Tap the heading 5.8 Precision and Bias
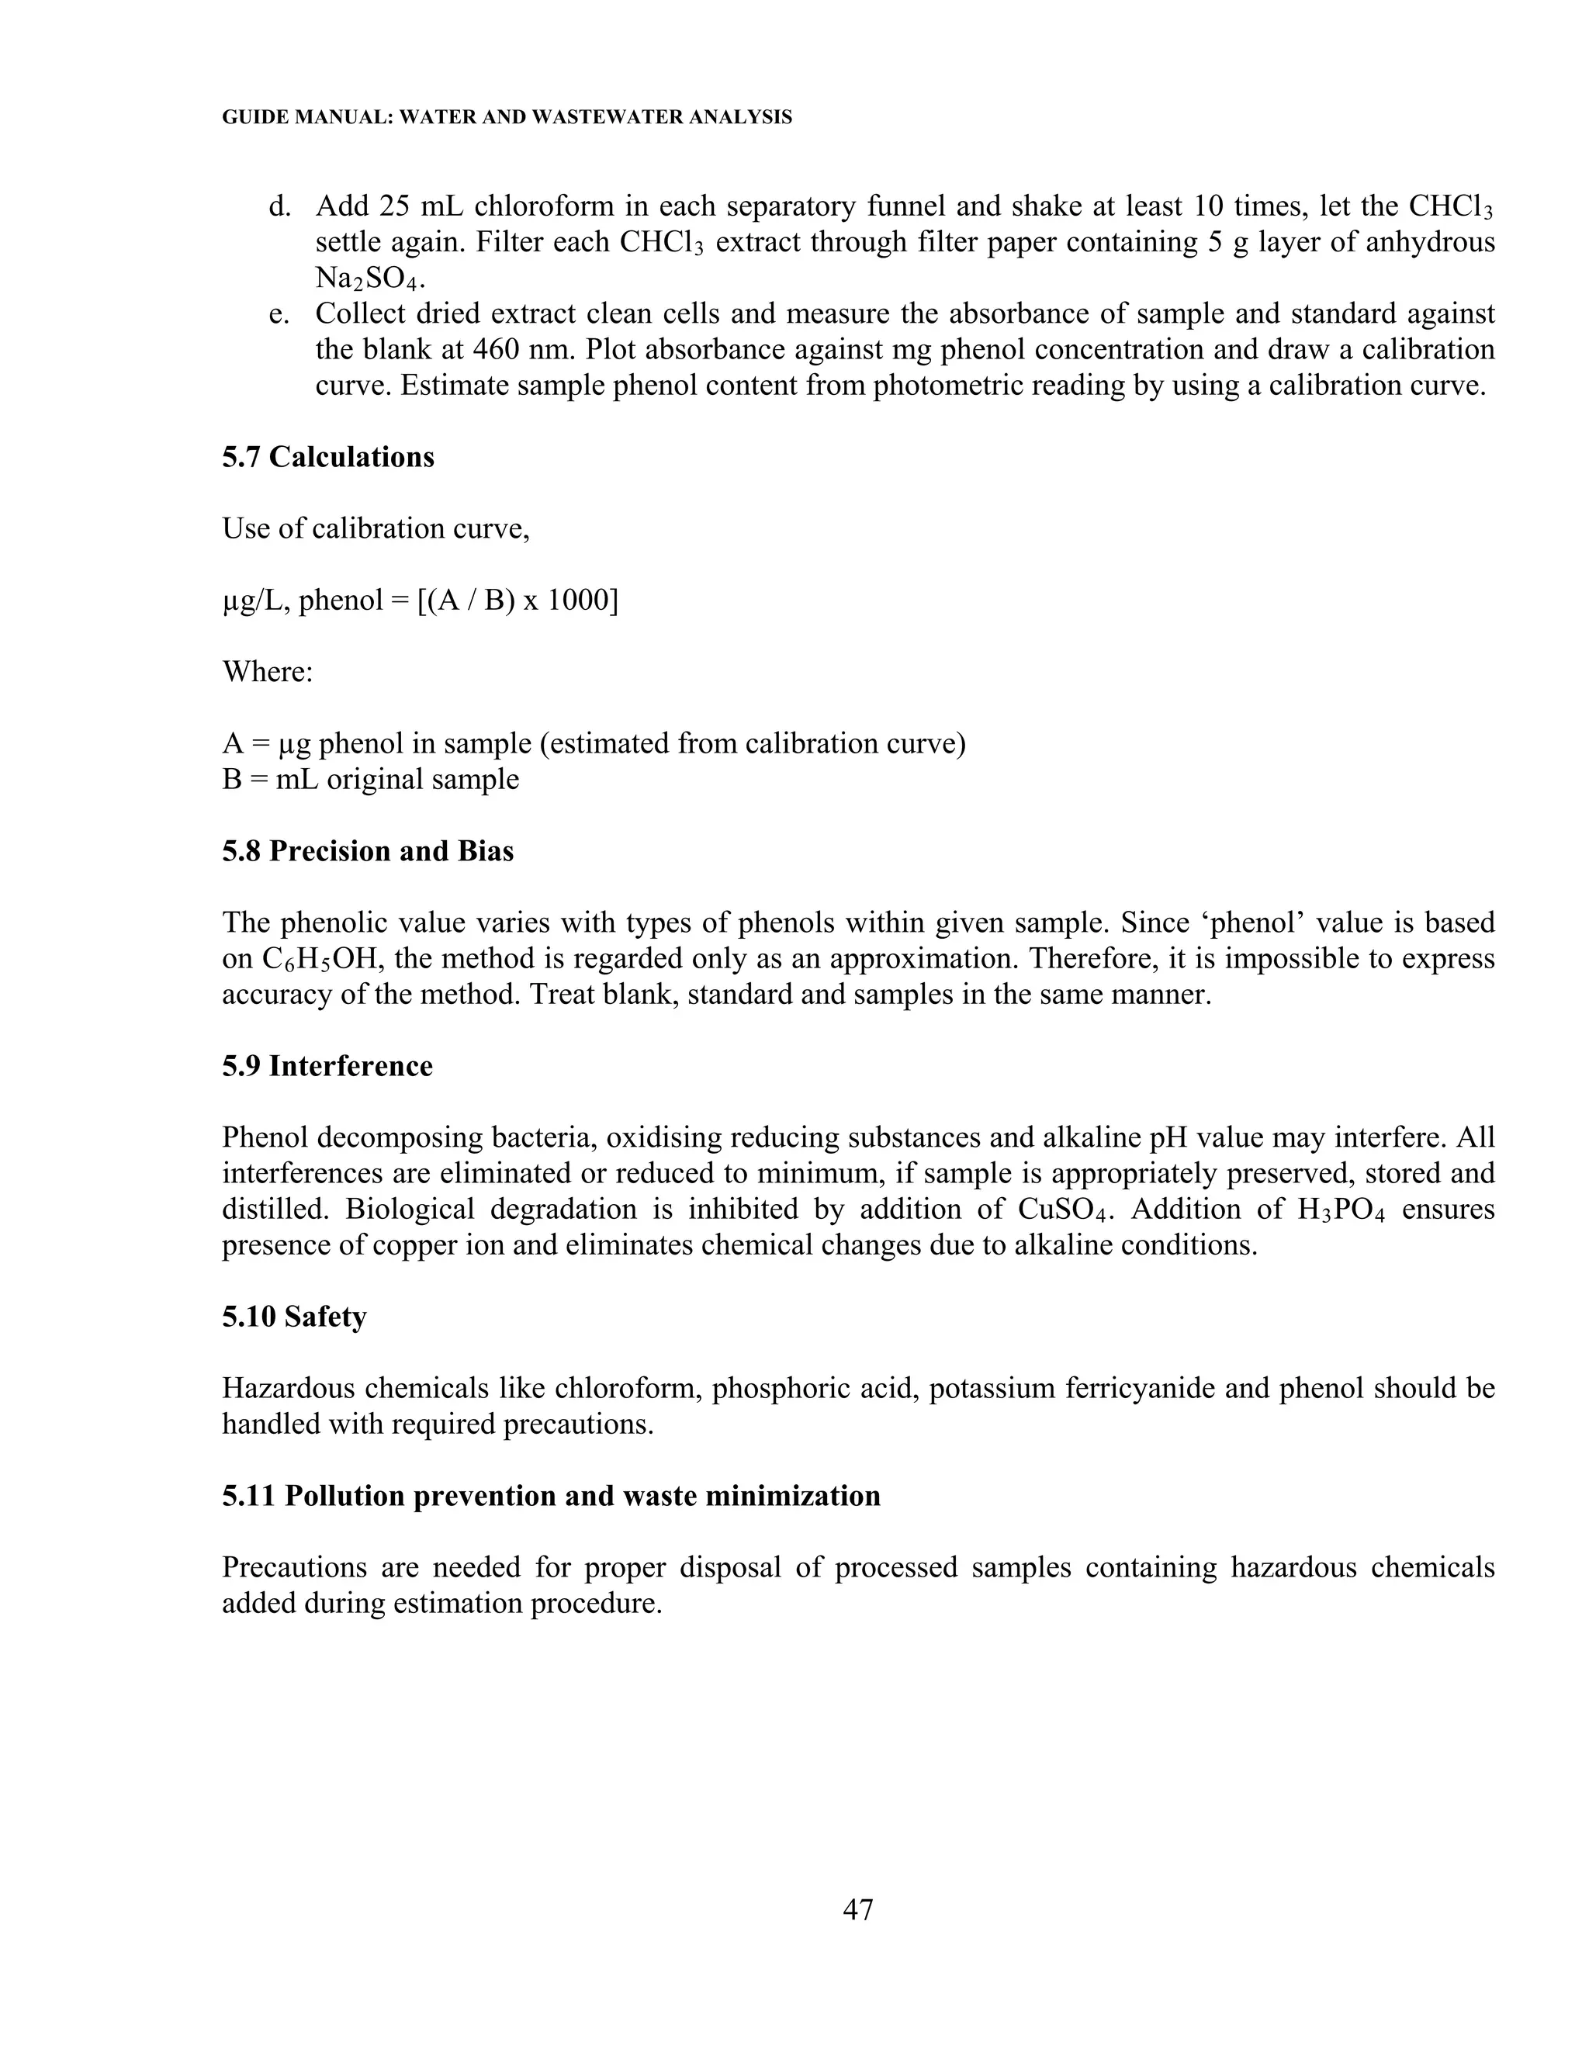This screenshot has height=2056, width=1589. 367,851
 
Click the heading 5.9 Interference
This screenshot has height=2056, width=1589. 327,1066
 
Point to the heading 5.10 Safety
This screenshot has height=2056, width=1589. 294,1316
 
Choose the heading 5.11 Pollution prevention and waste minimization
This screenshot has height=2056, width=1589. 551,1496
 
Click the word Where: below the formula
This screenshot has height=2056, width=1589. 268,671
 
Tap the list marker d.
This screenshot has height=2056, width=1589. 279,206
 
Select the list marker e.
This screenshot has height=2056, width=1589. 278,313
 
